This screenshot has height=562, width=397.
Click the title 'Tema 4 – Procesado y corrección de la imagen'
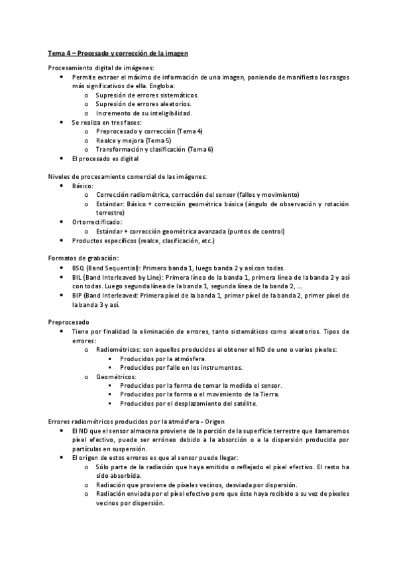119,52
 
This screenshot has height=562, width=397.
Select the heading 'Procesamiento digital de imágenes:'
101,68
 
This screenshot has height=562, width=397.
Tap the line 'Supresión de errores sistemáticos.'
147,95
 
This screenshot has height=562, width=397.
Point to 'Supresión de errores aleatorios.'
144,104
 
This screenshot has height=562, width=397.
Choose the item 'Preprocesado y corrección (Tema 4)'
149,131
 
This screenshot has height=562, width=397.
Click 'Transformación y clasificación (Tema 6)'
154,150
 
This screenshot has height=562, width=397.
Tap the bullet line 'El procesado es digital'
105,159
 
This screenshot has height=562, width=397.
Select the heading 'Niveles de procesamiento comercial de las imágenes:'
127,177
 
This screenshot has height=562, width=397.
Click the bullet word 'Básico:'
83,186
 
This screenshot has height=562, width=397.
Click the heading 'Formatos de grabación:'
84,258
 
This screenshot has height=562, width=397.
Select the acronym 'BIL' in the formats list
78,276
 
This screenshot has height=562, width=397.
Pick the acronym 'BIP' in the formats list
78,295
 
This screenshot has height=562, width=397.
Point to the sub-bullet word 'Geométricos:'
116,376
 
